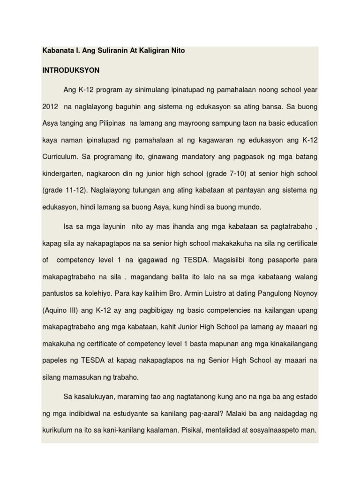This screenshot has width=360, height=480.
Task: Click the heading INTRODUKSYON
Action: [x=71, y=70]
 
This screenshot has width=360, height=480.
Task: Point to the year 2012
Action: [x=50, y=107]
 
